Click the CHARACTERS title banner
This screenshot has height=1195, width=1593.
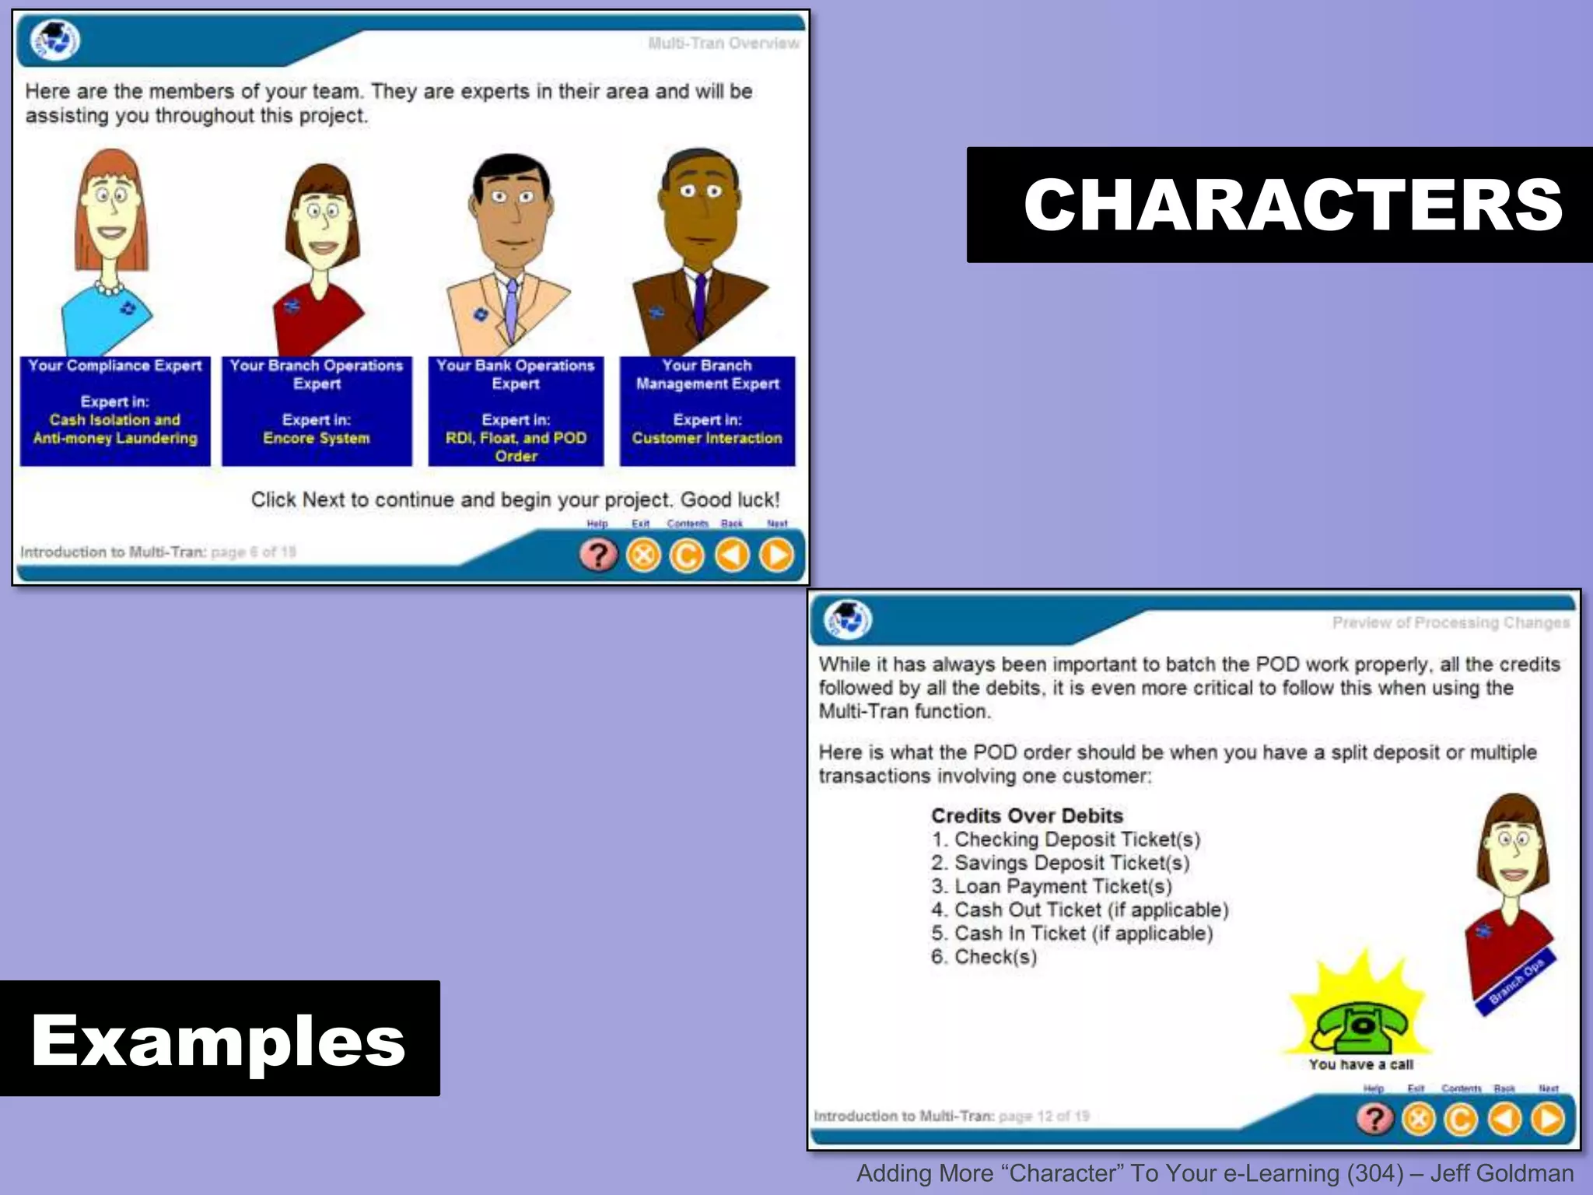click(1280, 205)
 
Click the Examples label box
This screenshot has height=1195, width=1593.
click(219, 1039)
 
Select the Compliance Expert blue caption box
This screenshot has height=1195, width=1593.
click(115, 411)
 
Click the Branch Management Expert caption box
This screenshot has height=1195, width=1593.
click(707, 411)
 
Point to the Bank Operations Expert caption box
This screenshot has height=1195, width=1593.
click(516, 411)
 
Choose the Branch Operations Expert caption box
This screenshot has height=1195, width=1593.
click(317, 411)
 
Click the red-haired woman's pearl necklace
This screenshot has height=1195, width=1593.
click(109, 289)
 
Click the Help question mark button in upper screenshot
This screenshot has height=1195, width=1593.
click(598, 555)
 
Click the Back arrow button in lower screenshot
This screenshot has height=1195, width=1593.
click(1504, 1120)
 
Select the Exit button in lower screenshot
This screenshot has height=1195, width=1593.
click(1419, 1120)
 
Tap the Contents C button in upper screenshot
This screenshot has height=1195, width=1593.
click(687, 555)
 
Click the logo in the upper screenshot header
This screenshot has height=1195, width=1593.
click(54, 40)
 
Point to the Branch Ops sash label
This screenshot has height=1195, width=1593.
click(1516, 982)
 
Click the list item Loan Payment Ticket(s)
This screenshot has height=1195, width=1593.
click(1052, 886)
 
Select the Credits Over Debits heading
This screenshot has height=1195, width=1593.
click(1027, 815)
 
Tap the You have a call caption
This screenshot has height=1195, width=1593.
click(1360, 1064)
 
